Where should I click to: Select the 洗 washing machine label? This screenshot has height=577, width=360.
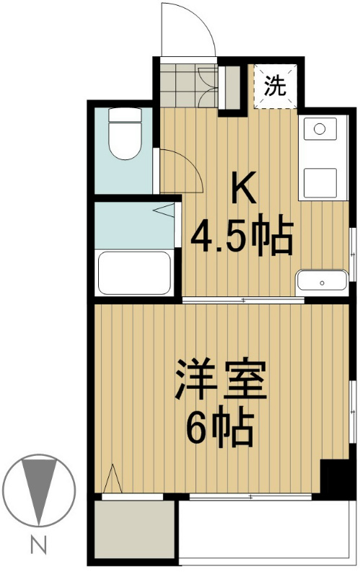(274, 87)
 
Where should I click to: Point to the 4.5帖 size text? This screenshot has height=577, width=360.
(242, 236)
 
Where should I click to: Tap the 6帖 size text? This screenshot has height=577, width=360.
(219, 431)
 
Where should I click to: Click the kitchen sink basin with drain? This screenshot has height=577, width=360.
(320, 131)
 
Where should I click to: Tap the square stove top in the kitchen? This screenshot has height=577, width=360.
(320, 181)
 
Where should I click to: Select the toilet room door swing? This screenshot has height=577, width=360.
(177, 171)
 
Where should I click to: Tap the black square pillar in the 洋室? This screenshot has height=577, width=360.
(334, 476)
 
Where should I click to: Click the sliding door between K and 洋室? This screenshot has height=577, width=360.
(243, 300)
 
